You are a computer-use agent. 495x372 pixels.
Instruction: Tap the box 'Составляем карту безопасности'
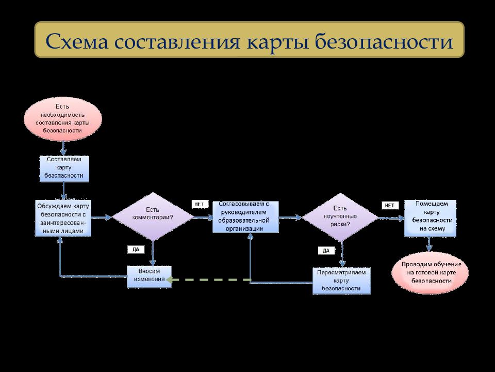pyautogui.click(x=64, y=168)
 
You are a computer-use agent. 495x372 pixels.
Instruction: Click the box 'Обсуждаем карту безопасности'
pyautogui.click(x=63, y=218)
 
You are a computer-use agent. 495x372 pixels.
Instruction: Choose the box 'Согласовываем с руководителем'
pyautogui.click(x=245, y=217)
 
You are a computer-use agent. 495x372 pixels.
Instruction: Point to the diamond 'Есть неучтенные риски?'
pyautogui.click(x=339, y=217)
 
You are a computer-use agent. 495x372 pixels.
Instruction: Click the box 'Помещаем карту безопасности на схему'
pyautogui.click(x=430, y=218)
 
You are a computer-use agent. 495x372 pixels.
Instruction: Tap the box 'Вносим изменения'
pyautogui.click(x=149, y=276)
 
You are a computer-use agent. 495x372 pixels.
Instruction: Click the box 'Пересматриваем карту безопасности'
pyautogui.click(x=341, y=280)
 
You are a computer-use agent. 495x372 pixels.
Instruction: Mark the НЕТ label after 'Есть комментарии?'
pyautogui.click(x=199, y=204)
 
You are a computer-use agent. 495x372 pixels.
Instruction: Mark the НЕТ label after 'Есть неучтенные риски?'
pyautogui.click(x=389, y=205)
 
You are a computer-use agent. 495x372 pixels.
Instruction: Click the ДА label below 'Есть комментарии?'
pyautogui.click(x=136, y=249)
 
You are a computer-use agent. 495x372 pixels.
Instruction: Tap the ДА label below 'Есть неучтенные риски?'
pyautogui.click(x=326, y=251)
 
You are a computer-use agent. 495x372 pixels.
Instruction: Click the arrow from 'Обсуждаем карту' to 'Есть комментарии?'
pyautogui.click(x=102, y=218)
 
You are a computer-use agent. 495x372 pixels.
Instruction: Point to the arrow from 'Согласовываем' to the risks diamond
pyautogui.click(x=290, y=218)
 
